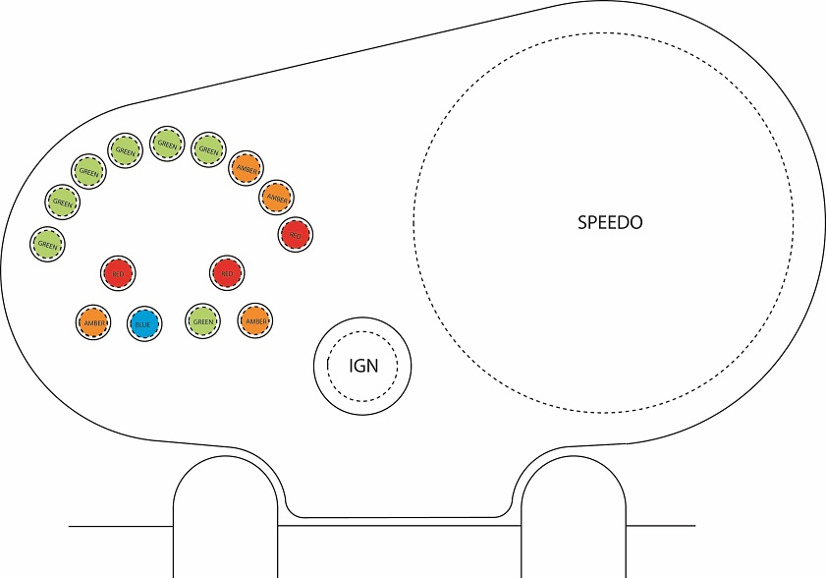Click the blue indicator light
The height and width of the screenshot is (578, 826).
tap(143, 321)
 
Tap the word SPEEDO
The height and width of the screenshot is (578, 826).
tap(610, 222)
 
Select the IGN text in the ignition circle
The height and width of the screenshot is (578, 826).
tap(362, 368)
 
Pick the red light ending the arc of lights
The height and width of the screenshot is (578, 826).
tap(295, 234)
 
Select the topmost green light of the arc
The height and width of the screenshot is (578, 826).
tap(167, 144)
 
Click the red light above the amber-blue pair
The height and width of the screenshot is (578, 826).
tap(120, 272)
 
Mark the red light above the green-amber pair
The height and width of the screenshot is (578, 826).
tap(227, 272)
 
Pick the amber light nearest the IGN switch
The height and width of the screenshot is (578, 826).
tap(255, 320)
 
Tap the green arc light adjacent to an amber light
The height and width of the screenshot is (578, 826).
tap(208, 149)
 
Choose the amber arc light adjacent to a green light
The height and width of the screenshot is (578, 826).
tap(246, 167)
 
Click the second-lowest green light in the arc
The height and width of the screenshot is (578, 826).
tap(63, 202)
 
